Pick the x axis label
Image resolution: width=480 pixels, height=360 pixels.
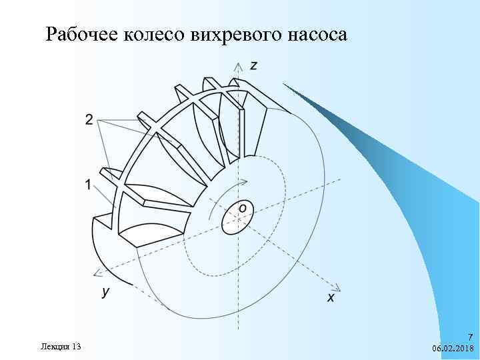pyautogui.click(x=331, y=297)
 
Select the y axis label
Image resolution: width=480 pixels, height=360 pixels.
pyautogui.click(x=105, y=291)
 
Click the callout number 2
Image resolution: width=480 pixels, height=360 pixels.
pyautogui.click(x=89, y=120)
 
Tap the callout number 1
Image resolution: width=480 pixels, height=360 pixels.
pyautogui.click(x=89, y=185)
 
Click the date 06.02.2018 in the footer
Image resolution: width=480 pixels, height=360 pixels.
pyautogui.click(x=452, y=349)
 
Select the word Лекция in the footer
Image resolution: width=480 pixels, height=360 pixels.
pyautogui.click(x=53, y=347)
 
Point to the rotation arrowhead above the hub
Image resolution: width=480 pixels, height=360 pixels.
pyautogui.click(x=247, y=181)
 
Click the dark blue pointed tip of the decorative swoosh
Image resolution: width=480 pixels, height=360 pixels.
pyautogui.click(x=285, y=85)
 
